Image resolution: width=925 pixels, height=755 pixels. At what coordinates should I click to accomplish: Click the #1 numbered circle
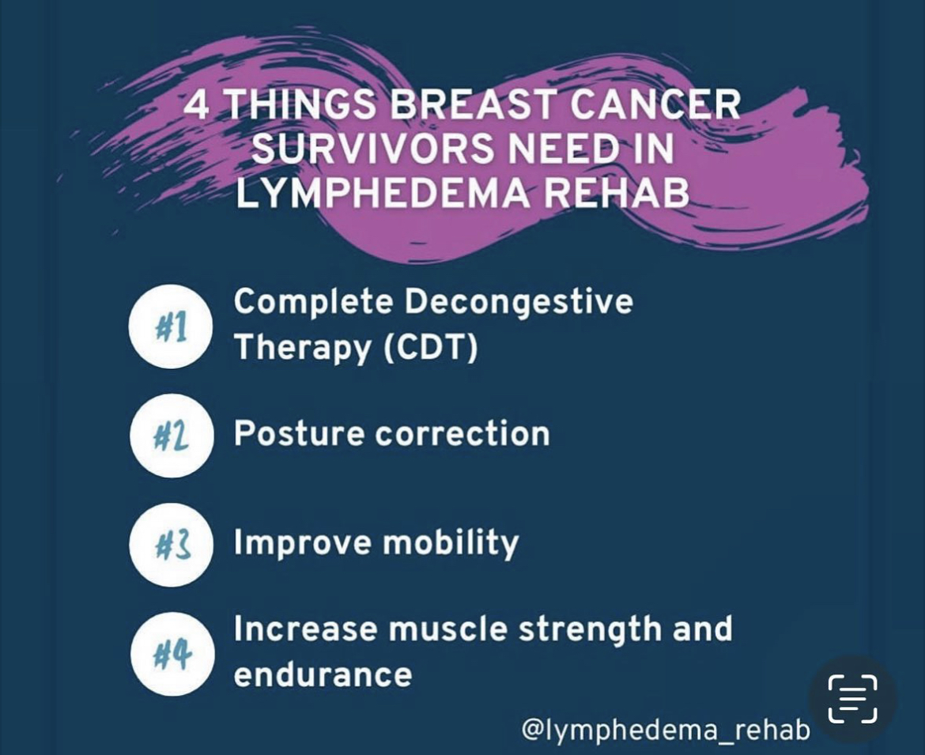click(170, 327)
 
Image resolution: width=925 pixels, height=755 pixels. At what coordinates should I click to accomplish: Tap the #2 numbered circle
click(171, 436)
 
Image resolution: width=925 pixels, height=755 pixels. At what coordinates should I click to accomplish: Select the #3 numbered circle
click(171, 545)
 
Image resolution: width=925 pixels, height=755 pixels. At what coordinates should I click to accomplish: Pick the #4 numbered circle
click(171, 654)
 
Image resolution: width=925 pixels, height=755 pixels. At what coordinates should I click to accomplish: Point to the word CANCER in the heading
click(655, 105)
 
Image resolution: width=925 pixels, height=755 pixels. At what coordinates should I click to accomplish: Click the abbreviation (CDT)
click(431, 346)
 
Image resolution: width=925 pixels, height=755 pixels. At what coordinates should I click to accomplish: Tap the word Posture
click(299, 433)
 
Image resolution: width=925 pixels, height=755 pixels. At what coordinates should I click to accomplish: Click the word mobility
click(451, 543)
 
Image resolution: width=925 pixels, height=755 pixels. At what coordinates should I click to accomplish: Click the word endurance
click(323, 675)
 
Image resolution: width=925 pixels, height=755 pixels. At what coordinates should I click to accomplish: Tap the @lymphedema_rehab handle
click(666, 729)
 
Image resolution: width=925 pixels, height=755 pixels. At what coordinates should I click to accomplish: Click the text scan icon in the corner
click(852, 699)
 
